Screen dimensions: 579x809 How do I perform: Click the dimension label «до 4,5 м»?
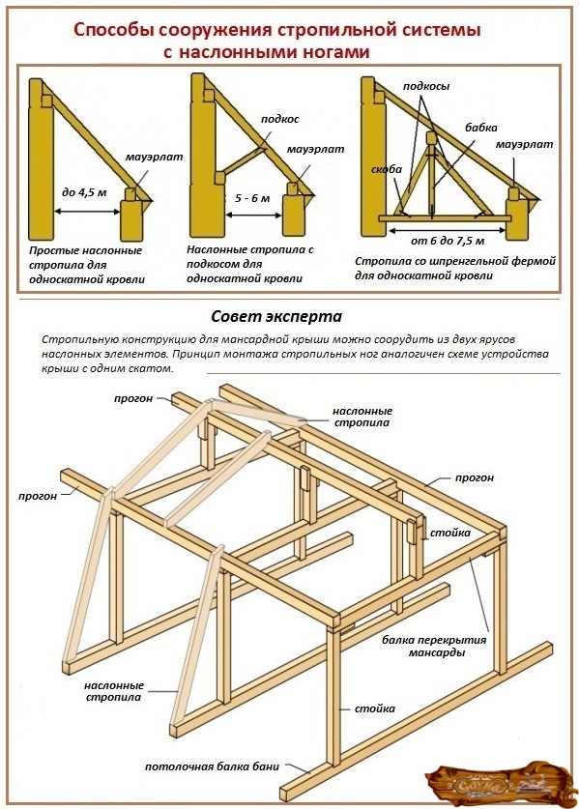tap(84, 193)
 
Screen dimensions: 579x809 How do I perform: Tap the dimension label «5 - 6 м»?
tap(252, 198)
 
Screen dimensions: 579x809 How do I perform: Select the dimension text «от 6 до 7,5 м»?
tap(448, 241)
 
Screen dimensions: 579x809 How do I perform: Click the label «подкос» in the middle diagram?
tap(279, 119)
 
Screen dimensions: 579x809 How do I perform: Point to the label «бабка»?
tap(481, 128)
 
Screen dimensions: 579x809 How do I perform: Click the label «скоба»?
tap(387, 169)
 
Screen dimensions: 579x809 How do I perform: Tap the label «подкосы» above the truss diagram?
tap(426, 86)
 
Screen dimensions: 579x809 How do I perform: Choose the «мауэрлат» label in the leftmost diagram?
tap(155, 157)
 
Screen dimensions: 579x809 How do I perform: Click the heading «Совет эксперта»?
tap(276, 316)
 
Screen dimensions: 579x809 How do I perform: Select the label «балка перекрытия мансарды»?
tap(434, 646)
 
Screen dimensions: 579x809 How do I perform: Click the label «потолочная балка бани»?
tap(212, 766)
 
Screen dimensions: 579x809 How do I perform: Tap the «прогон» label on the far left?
tap(38, 497)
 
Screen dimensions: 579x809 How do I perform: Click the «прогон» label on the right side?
tap(475, 477)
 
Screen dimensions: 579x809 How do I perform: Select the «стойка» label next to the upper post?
tap(450, 533)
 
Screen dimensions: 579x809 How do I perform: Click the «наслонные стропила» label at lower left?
tap(114, 691)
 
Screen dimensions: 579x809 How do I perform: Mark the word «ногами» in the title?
tap(334, 52)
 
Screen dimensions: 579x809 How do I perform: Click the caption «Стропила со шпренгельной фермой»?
tap(455, 261)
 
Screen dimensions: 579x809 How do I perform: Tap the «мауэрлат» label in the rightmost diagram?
tap(524, 144)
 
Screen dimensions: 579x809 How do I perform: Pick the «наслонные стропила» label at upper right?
tap(362, 417)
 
